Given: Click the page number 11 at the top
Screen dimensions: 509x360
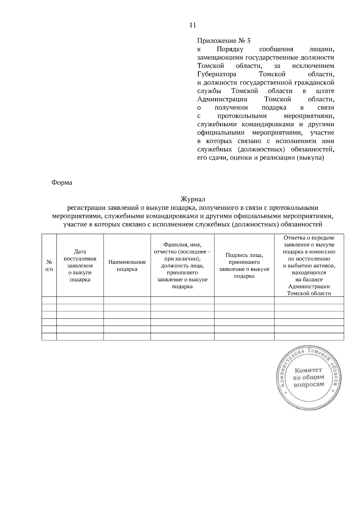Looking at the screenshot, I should [193, 25].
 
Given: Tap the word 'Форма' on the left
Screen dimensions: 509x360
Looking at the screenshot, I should [62, 183].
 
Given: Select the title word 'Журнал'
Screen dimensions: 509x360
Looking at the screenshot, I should [193, 199].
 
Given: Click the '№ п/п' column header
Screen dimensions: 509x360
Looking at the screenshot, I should [49, 265].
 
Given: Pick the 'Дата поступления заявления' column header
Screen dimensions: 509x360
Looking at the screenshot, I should [80, 266].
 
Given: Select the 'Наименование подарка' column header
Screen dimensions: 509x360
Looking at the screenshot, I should [127, 266].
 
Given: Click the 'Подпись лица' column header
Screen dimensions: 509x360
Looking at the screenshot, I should [244, 266].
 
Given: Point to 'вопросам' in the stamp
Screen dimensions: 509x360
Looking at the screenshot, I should [309, 385].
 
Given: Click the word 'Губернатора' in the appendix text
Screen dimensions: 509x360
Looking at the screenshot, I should [217, 74].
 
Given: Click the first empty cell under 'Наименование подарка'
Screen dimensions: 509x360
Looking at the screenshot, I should [127, 300].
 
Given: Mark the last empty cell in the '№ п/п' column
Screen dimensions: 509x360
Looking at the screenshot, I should [49, 337].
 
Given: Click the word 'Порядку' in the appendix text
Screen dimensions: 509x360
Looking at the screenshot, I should [230, 49].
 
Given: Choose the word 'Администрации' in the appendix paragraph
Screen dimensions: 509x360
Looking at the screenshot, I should [222, 99].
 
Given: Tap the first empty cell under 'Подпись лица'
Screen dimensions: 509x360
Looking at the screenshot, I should [244, 300].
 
